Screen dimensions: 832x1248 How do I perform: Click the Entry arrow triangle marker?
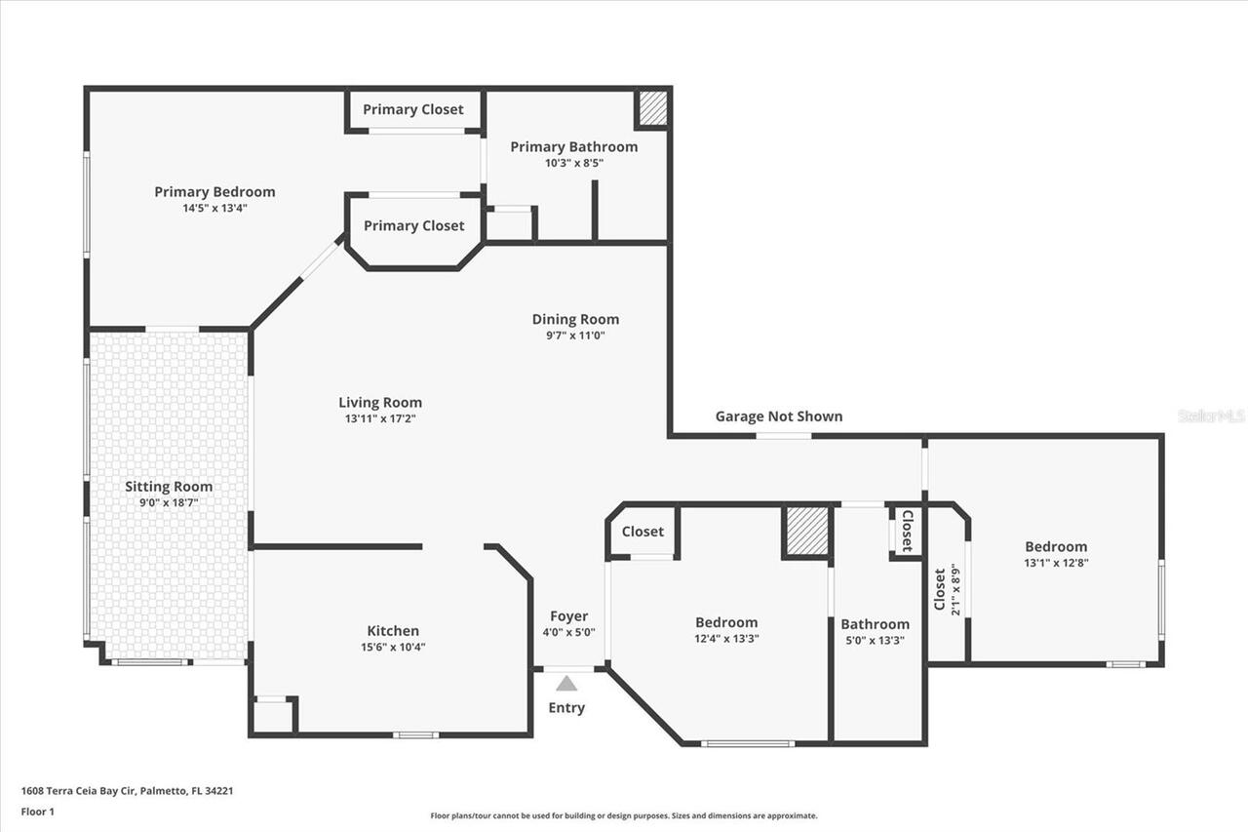(x=566, y=684)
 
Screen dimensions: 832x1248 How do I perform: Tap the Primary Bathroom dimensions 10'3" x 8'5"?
(x=574, y=163)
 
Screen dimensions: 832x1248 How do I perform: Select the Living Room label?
(x=380, y=403)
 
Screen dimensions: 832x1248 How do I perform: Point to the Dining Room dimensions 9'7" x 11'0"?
(x=575, y=336)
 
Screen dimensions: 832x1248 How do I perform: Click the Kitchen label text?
(x=393, y=631)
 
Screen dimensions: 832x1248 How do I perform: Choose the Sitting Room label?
(x=169, y=487)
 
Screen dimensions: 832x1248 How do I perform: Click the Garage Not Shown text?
(x=779, y=416)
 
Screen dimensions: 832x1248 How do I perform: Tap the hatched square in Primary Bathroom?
(x=652, y=108)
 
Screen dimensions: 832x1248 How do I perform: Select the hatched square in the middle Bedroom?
(x=806, y=532)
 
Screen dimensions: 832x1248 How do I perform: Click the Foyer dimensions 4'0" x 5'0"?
(x=568, y=632)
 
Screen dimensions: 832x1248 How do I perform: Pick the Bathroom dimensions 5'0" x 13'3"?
(x=875, y=640)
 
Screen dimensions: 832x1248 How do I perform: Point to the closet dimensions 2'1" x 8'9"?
(x=955, y=590)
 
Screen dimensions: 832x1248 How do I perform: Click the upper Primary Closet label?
(x=413, y=109)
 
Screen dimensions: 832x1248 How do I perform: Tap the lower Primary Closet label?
(x=413, y=225)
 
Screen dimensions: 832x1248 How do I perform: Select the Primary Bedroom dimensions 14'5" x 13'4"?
(x=214, y=208)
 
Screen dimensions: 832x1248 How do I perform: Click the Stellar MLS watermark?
(x=1211, y=416)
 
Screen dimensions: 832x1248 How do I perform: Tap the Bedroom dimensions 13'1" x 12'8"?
(x=1055, y=563)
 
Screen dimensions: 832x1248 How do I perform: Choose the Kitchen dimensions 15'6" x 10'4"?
(x=393, y=647)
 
